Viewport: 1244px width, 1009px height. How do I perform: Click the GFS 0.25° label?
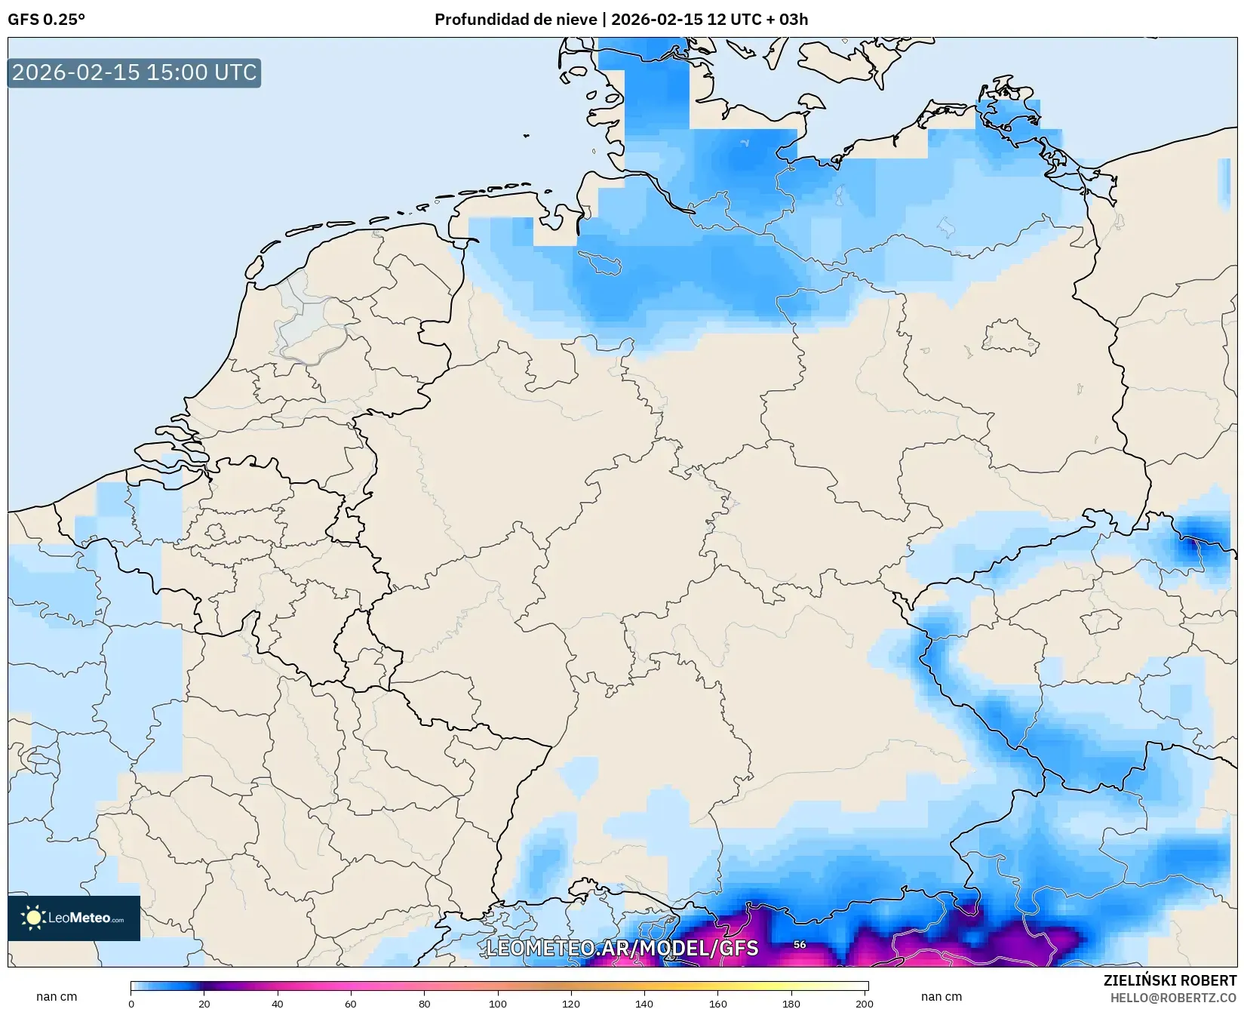pos(46,20)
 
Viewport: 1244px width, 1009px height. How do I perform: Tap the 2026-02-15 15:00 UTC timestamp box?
pos(134,72)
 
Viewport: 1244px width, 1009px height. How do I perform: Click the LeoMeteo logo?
pos(74,918)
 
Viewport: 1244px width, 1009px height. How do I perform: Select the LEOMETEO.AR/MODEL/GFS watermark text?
pos(622,948)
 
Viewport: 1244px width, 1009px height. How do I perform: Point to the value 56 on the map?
pos(800,944)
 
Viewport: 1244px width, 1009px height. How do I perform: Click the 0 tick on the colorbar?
pos(131,1004)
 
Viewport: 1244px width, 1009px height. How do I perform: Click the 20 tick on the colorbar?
pos(204,1004)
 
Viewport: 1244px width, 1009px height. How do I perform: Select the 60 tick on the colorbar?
pos(351,1004)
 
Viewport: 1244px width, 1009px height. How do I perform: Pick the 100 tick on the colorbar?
pos(498,1004)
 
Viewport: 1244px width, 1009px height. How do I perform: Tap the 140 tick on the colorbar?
pos(644,1004)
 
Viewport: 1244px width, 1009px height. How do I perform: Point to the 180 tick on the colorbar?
pos(791,1004)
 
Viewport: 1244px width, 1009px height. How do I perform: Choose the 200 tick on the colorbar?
pos(865,1004)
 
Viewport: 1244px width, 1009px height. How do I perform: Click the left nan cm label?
pos(57,997)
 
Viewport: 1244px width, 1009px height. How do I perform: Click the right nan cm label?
pos(941,997)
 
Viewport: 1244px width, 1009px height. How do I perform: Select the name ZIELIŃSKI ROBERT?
pos(1170,981)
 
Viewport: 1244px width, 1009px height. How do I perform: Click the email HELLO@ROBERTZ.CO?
pos(1173,998)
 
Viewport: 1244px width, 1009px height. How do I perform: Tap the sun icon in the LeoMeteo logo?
pos(33,918)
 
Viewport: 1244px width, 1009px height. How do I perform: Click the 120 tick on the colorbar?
pos(571,1004)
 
